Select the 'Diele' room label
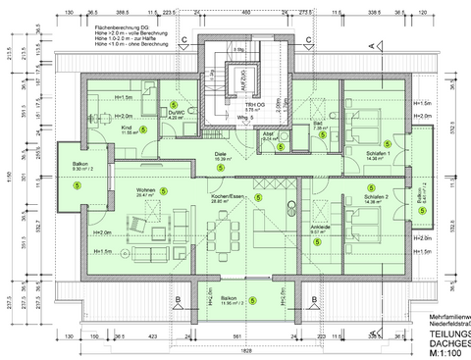(x=221, y=154)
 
